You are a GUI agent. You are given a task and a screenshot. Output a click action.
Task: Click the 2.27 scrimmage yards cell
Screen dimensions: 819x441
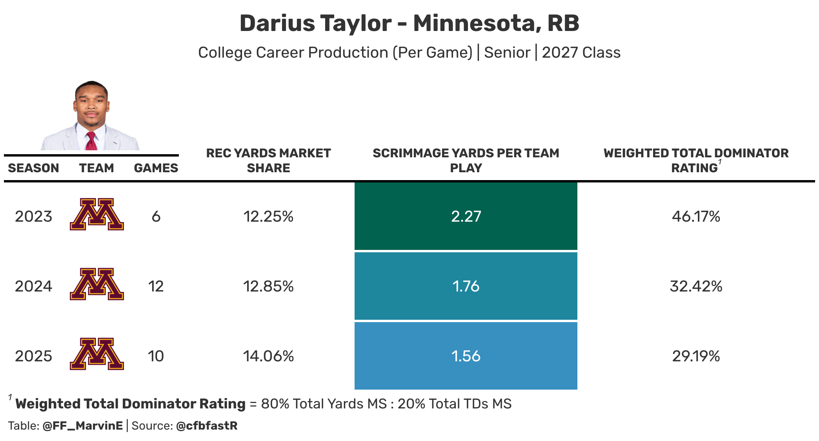[x=466, y=216]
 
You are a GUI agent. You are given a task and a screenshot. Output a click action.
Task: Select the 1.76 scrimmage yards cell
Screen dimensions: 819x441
[x=466, y=286]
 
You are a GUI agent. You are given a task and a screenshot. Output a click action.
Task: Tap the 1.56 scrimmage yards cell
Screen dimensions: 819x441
[x=466, y=356]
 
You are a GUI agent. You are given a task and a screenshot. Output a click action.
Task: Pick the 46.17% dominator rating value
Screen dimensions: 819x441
[x=696, y=216]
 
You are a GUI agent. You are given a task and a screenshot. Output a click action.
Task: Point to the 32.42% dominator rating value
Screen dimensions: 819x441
[x=696, y=286]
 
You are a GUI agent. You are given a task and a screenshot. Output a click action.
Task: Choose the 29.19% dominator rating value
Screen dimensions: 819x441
[x=696, y=356]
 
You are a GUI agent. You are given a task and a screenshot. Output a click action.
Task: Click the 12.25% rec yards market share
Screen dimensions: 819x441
[x=268, y=216]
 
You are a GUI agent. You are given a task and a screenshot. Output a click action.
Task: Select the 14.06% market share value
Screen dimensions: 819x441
[x=268, y=356]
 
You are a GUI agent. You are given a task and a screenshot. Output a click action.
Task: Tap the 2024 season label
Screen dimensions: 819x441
[x=33, y=286]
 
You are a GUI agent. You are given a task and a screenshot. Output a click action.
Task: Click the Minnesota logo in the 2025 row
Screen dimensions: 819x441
[x=97, y=354]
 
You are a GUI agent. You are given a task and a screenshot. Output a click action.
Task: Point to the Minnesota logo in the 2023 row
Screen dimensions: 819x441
[x=97, y=214]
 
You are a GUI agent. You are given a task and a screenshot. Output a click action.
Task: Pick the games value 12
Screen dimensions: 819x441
[x=156, y=286]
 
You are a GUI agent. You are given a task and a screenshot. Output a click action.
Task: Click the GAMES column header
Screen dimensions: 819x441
[x=156, y=168]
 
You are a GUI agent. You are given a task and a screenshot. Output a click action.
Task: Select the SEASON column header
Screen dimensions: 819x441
[x=33, y=168]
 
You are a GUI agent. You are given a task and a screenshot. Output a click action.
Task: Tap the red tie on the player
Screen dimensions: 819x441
[x=91, y=141]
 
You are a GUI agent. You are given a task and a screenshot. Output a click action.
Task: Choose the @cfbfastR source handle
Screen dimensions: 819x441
[x=207, y=426]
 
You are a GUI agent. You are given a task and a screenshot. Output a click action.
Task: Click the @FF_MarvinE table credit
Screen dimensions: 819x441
[x=83, y=426]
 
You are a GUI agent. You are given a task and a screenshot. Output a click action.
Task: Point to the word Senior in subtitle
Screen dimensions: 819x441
[x=507, y=53]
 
